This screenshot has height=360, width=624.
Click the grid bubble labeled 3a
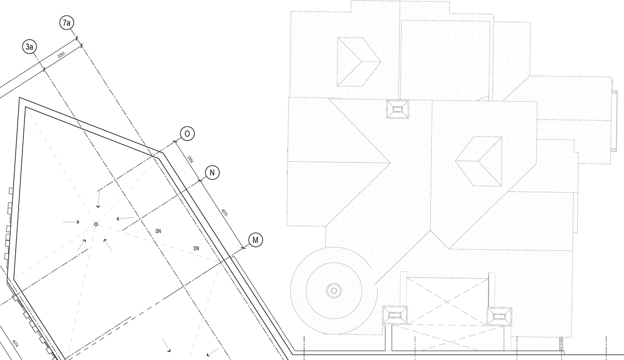[29, 47]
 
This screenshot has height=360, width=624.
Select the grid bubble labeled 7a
[67, 23]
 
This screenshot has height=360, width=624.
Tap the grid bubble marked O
[187, 133]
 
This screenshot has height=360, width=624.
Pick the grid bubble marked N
[212, 172]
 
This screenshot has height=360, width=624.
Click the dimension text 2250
[61, 56]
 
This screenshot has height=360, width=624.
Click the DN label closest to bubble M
[196, 249]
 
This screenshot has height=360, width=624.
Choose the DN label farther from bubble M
[158, 231]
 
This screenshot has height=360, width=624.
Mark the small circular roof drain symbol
[96, 224]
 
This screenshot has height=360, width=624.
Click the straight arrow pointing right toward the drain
[71, 222]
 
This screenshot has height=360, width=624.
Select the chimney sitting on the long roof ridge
[397, 109]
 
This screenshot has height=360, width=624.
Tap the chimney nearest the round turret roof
[394, 315]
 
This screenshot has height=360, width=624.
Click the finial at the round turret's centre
[333, 291]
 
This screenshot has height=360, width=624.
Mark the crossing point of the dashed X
[448, 302]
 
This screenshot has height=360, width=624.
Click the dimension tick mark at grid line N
[201, 180]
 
